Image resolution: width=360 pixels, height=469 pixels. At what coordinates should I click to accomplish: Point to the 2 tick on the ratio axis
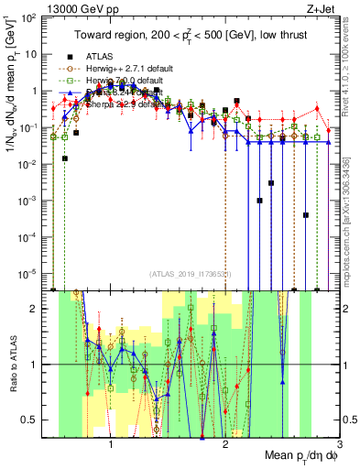pyautogui.click(x=34, y=309)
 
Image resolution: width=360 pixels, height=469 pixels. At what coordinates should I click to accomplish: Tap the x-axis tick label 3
pyautogui.click(x=340, y=442)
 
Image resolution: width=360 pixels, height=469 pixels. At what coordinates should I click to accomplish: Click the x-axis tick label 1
pyautogui.click(x=111, y=442)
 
